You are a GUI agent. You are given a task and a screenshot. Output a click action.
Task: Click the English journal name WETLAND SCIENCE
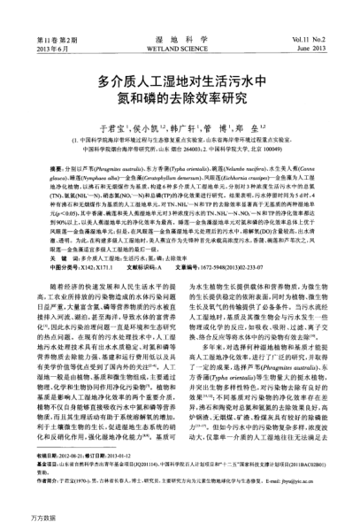click(180, 25)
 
